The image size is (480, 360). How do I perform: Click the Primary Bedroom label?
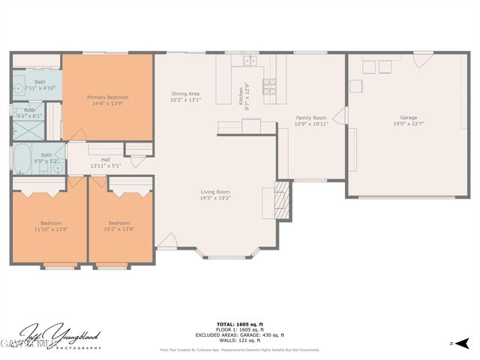[107, 97]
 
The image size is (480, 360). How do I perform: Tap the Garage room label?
[408, 117]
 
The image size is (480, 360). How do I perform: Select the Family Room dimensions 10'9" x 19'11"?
[310, 124]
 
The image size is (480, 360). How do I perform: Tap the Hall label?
[105, 160]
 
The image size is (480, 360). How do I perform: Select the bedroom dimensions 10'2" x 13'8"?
[119, 229]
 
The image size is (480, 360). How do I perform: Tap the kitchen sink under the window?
[249, 59]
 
